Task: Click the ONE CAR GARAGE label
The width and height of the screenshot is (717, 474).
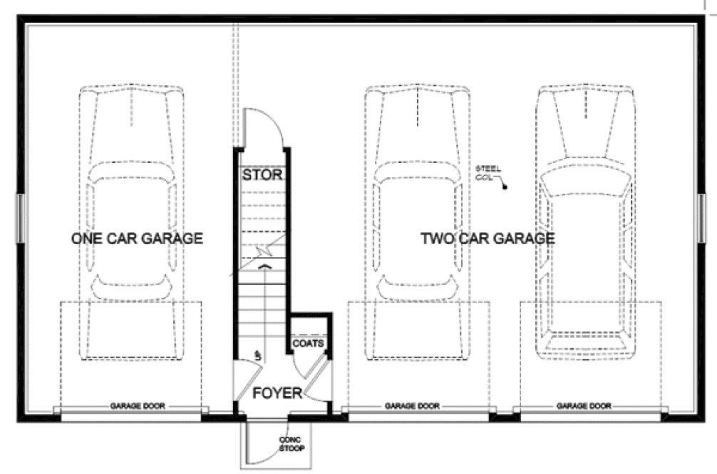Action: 137,238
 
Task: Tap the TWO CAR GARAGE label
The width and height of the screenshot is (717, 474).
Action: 487,238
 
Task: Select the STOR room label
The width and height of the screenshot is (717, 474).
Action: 263,174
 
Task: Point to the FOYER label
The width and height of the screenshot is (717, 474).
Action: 277,393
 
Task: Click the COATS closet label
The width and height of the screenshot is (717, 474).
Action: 309,343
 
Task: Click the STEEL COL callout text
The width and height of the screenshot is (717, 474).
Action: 489,172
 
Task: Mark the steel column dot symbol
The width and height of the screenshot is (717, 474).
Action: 505,188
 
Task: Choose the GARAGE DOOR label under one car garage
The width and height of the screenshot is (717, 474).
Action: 138,406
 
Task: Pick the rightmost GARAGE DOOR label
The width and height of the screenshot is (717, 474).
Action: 584,406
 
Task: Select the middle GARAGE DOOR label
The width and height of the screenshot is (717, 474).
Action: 413,406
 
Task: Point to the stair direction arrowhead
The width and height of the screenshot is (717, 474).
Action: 265,266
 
